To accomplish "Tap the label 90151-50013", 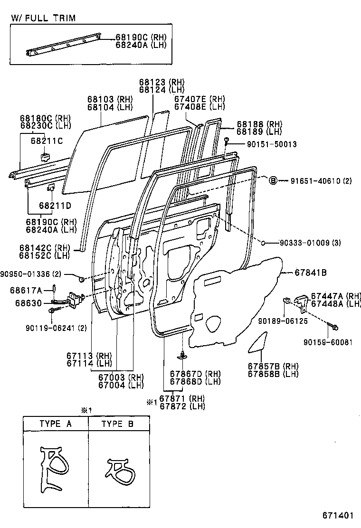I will (x=265, y=144).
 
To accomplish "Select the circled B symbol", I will (x=273, y=180).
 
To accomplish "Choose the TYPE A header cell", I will (x=56, y=424).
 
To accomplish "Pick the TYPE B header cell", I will (x=118, y=424).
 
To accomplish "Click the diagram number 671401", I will (x=339, y=515).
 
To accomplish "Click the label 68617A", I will (x=26, y=290).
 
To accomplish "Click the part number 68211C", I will (x=47, y=141).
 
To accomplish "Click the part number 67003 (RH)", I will (x=121, y=377).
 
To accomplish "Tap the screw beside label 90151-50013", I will (x=227, y=141).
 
